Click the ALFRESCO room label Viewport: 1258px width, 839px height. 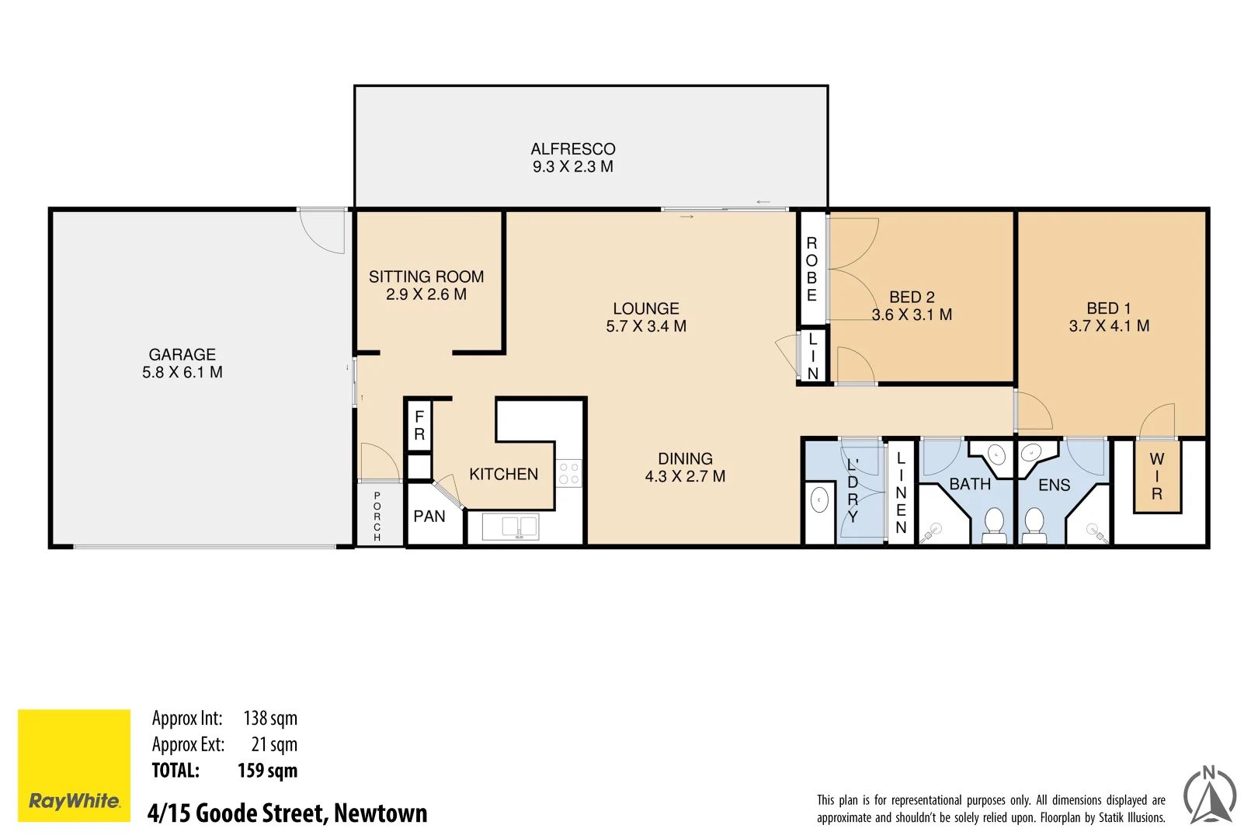(573, 149)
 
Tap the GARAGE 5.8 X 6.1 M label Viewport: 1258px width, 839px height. (182, 364)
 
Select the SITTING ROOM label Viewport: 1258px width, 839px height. (426, 277)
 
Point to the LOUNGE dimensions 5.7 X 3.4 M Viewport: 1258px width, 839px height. (646, 327)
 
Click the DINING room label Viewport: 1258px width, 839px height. (685, 459)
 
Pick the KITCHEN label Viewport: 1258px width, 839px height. (503, 474)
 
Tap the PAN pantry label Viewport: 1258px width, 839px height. (429, 517)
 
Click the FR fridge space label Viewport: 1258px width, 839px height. (419, 426)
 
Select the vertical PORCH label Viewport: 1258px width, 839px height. (377, 517)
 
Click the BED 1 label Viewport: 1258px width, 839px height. (1109, 308)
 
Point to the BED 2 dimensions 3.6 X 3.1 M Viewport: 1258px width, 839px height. (912, 315)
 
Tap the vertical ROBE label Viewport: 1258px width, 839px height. (811, 269)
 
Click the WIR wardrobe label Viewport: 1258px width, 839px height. (1157, 476)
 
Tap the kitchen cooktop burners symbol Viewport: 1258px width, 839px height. (569, 474)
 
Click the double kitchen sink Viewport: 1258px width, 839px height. (511, 527)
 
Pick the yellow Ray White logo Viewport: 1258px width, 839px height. (75, 765)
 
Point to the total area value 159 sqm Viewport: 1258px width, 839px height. (267, 771)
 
